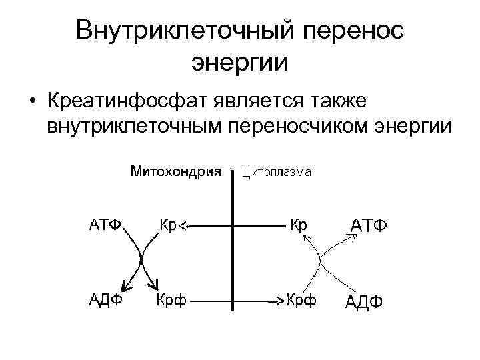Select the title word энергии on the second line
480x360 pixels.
pyautogui.click(x=240, y=63)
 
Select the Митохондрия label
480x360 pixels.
pyautogui.click(x=176, y=172)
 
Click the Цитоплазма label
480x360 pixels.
pyautogui.click(x=275, y=173)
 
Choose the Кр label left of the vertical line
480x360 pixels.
pyautogui.click(x=167, y=225)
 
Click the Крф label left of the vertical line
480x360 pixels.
pyautogui.click(x=171, y=301)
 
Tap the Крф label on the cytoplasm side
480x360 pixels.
pyautogui.click(x=301, y=301)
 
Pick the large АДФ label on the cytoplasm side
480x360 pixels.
pyautogui.click(x=363, y=302)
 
